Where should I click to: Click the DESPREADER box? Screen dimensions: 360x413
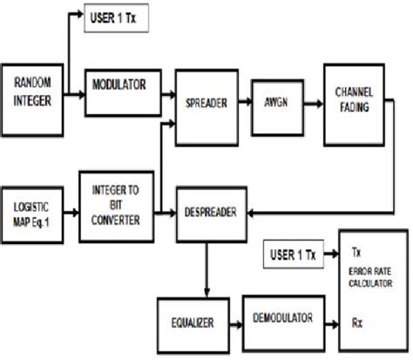(208, 212)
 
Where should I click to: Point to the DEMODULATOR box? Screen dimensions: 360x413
(277, 320)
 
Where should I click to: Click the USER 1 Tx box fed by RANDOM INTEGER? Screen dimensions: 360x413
(120, 17)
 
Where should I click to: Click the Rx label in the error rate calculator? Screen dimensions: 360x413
(356, 320)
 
